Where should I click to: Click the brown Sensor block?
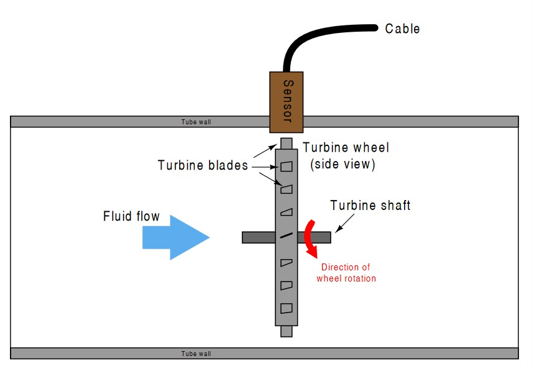point(286,101)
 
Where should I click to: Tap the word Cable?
point(402,29)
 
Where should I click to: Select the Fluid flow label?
point(131,217)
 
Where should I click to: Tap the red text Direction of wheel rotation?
point(346,273)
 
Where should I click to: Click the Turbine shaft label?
point(370,205)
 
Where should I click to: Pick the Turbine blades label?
point(203,165)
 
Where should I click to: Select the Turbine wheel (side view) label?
point(346,156)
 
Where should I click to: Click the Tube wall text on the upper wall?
point(196,122)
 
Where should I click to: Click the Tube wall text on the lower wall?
point(196,354)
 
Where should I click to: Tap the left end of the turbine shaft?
point(244,237)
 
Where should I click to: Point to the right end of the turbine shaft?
point(329,237)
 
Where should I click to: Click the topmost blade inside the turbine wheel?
point(286,167)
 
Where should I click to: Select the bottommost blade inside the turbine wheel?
point(286,307)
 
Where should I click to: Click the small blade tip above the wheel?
point(286,143)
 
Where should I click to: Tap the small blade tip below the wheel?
point(286,331)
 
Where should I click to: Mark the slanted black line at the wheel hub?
point(286,236)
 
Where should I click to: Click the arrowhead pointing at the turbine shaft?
point(336,229)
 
